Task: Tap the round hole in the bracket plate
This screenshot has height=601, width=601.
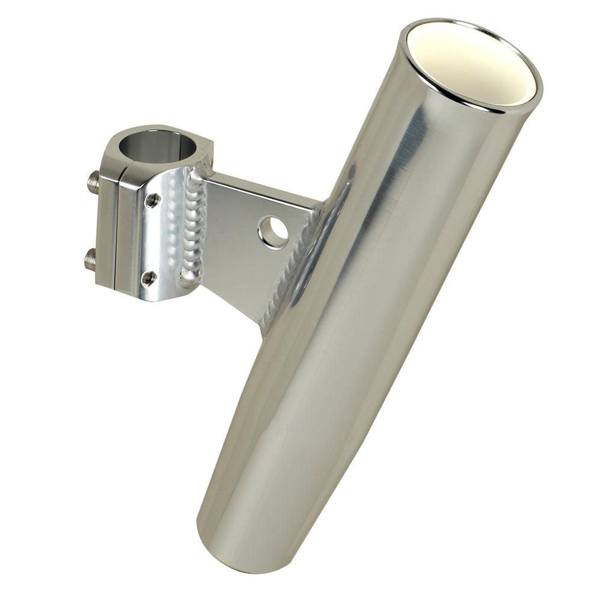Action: pyautogui.click(x=273, y=231)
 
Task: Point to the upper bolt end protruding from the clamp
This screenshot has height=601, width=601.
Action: pyautogui.click(x=93, y=182)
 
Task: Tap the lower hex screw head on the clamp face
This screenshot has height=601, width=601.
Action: pyautogui.click(x=148, y=278)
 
